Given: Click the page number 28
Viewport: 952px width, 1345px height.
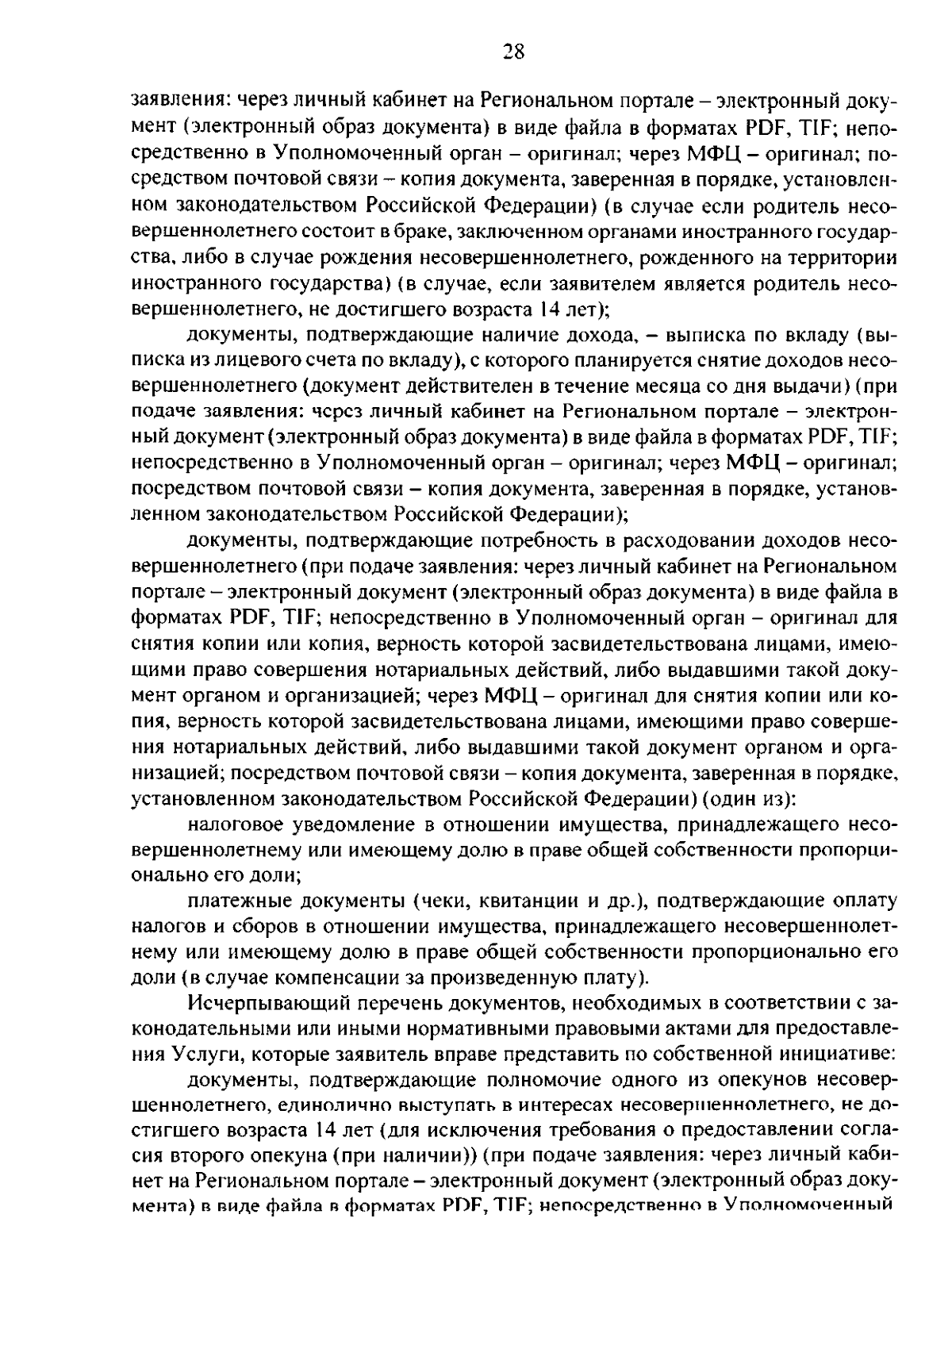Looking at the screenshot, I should (x=513, y=52).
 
